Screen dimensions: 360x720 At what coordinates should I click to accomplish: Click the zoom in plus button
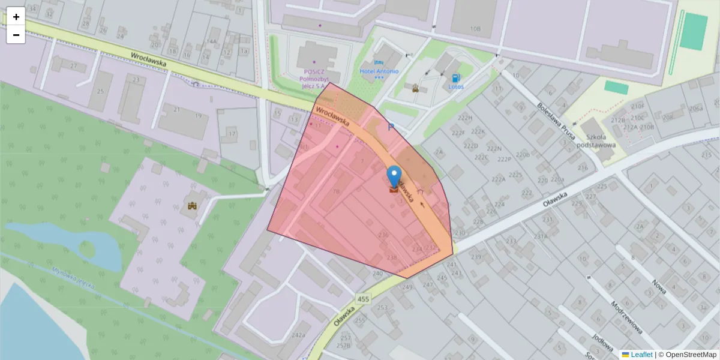coord(16,17)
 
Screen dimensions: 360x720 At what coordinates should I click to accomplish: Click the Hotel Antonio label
coord(379,71)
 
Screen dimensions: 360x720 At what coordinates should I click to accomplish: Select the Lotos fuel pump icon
coord(456,77)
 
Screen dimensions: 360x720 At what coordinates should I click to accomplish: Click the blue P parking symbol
coord(391,127)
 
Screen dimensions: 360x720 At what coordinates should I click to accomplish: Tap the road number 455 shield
coord(362,298)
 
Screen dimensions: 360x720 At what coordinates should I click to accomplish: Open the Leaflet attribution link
coord(641,355)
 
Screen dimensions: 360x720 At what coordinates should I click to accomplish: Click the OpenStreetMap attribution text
coord(691,355)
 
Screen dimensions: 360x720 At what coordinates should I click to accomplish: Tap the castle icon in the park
coord(193,206)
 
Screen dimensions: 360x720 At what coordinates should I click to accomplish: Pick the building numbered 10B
coord(476,28)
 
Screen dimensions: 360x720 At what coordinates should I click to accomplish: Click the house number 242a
coord(298,335)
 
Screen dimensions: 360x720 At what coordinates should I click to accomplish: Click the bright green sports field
coord(694,31)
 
